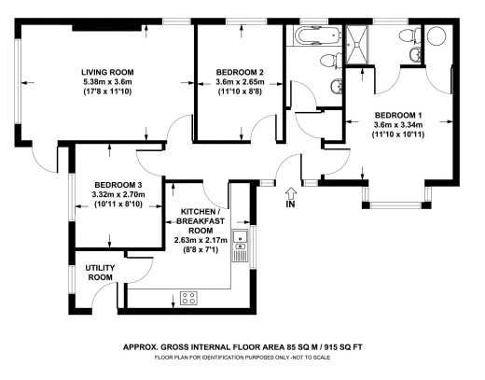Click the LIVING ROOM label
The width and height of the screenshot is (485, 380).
click(x=107, y=72)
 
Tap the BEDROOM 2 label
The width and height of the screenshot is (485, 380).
click(x=240, y=72)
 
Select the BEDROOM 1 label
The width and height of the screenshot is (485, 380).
click(x=398, y=115)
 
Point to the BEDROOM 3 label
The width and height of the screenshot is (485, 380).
click(x=118, y=185)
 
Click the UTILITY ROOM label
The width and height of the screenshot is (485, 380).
click(x=100, y=273)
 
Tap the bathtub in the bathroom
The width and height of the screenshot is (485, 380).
click(x=317, y=35)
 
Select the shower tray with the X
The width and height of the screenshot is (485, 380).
click(x=356, y=45)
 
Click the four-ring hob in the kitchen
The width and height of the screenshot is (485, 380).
click(x=188, y=298)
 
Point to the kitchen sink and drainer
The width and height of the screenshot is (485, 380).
click(x=240, y=246)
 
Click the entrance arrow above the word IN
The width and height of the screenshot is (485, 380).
click(x=291, y=193)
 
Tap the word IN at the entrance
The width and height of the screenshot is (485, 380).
click(x=290, y=204)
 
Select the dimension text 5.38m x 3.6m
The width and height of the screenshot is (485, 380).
click(x=107, y=82)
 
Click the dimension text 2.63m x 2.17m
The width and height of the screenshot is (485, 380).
click(x=201, y=240)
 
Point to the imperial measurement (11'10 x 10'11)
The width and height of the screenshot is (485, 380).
click(x=398, y=134)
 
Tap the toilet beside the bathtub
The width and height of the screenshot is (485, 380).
click(x=331, y=61)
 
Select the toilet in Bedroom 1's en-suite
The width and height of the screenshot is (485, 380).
click(x=409, y=35)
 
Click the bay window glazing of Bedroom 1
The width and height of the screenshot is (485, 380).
click(x=396, y=205)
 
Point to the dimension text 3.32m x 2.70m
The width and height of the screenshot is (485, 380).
click(x=118, y=194)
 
